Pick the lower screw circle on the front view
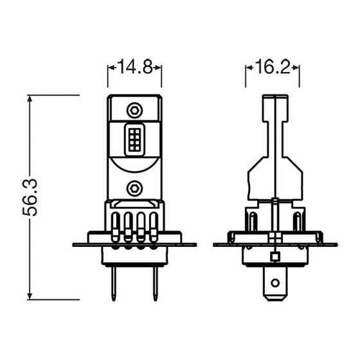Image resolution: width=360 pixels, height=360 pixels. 134,187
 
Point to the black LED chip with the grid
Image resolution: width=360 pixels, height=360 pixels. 134,139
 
